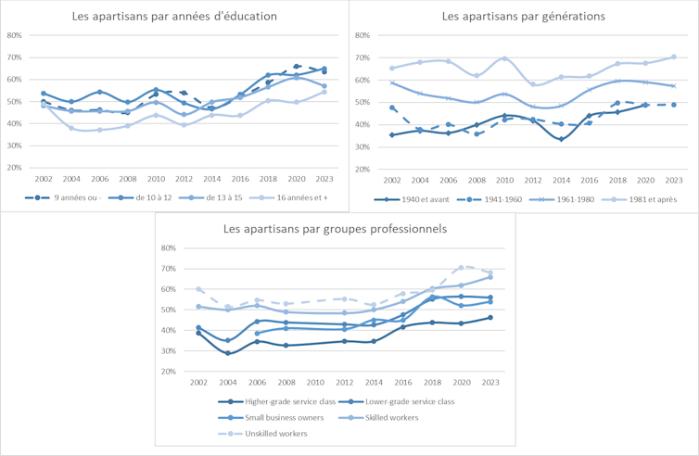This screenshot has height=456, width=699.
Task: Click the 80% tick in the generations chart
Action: [x=361, y=35]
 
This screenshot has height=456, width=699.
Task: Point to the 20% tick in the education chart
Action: [x=14, y=168]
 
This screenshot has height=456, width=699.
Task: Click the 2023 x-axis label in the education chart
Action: [x=323, y=177]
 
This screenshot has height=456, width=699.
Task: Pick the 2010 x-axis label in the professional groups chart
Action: [x=315, y=381]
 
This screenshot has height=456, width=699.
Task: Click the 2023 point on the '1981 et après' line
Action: [x=674, y=57]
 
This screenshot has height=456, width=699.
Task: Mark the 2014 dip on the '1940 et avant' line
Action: [x=562, y=139]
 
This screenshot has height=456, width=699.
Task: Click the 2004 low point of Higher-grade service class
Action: [x=227, y=353]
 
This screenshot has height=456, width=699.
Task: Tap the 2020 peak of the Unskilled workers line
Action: [x=461, y=267]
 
